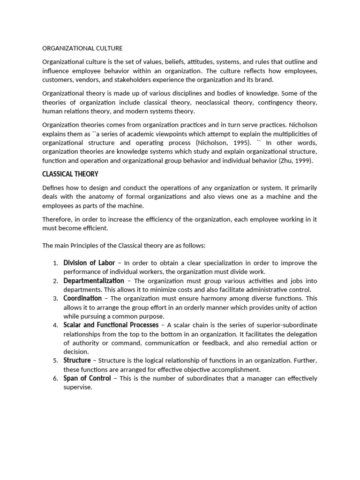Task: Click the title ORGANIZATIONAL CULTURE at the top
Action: click(82, 48)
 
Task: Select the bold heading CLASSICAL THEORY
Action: click(70, 174)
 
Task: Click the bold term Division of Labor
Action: click(89, 262)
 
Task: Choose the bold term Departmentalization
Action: click(94, 280)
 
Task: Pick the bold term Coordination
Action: click(82, 298)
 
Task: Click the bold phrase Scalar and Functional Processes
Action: click(111, 325)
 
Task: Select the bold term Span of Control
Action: click(87, 378)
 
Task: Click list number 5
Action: click(55, 361)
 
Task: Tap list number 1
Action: click(55, 263)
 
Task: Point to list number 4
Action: click(55, 325)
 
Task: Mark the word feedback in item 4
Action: click(217, 343)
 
